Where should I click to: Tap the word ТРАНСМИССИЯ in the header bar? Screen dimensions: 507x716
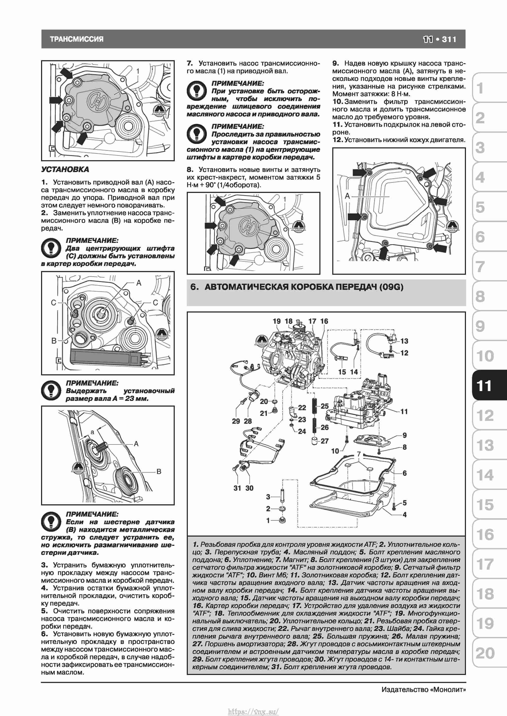77,39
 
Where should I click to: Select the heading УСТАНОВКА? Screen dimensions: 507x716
65,169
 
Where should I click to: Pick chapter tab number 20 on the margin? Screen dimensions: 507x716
485,653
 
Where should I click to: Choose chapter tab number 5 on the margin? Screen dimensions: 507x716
480,207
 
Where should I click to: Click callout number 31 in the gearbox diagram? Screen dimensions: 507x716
237,488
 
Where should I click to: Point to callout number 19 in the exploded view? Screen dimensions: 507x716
277,321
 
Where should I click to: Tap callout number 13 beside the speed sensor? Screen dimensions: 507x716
404,341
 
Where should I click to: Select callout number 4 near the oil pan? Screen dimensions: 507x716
405,515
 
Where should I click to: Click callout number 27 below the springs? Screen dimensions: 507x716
325,441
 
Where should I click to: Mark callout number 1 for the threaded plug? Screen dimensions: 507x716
268,520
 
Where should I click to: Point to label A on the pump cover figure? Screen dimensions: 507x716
347,196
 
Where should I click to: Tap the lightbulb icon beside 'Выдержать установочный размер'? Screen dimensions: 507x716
51,391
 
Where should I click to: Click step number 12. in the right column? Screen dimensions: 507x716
338,140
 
